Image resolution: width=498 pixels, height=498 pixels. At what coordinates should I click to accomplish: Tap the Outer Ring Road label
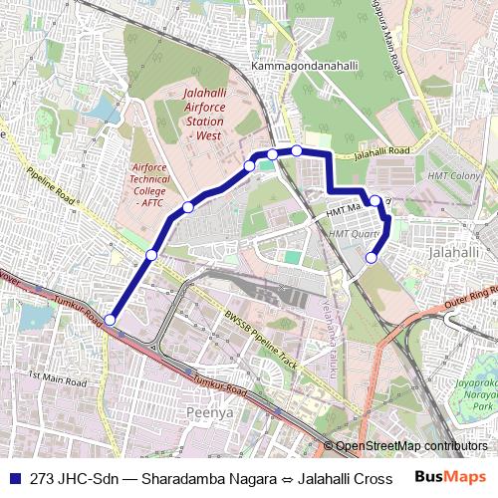pyautogui.click(x=470, y=296)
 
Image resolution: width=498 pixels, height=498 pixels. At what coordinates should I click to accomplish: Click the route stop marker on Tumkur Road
pyautogui.click(x=110, y=320)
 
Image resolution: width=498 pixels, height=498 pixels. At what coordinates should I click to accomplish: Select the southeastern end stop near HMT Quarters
pyautogui.click(x=372, y=258)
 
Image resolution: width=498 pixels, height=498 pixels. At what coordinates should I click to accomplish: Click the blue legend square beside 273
pyautogui.click(x=14, y=478)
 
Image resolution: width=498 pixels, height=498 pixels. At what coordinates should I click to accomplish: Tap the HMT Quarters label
pyautogui.click(x=355, y=233)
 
